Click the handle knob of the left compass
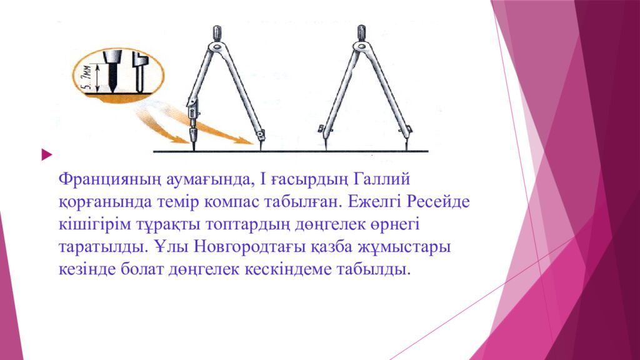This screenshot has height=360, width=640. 217,32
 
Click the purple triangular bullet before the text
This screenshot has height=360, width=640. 44,153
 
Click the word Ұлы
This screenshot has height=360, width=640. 171,247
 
